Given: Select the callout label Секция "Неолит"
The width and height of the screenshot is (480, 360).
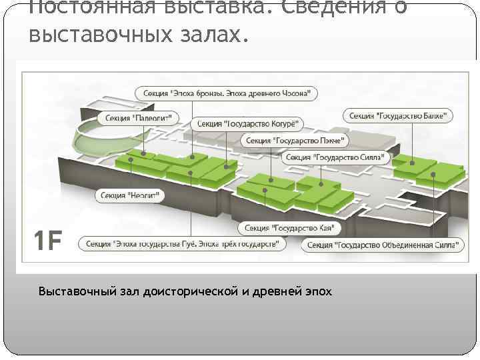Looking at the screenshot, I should click(131, 195).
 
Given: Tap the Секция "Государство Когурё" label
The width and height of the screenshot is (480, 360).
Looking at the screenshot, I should click(247, 124).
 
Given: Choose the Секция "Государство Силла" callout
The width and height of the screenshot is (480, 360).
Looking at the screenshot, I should click(335, 157).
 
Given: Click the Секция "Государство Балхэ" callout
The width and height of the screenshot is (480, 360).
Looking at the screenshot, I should click(399, 115).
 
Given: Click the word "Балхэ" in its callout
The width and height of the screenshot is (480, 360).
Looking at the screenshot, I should click(433, 115).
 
